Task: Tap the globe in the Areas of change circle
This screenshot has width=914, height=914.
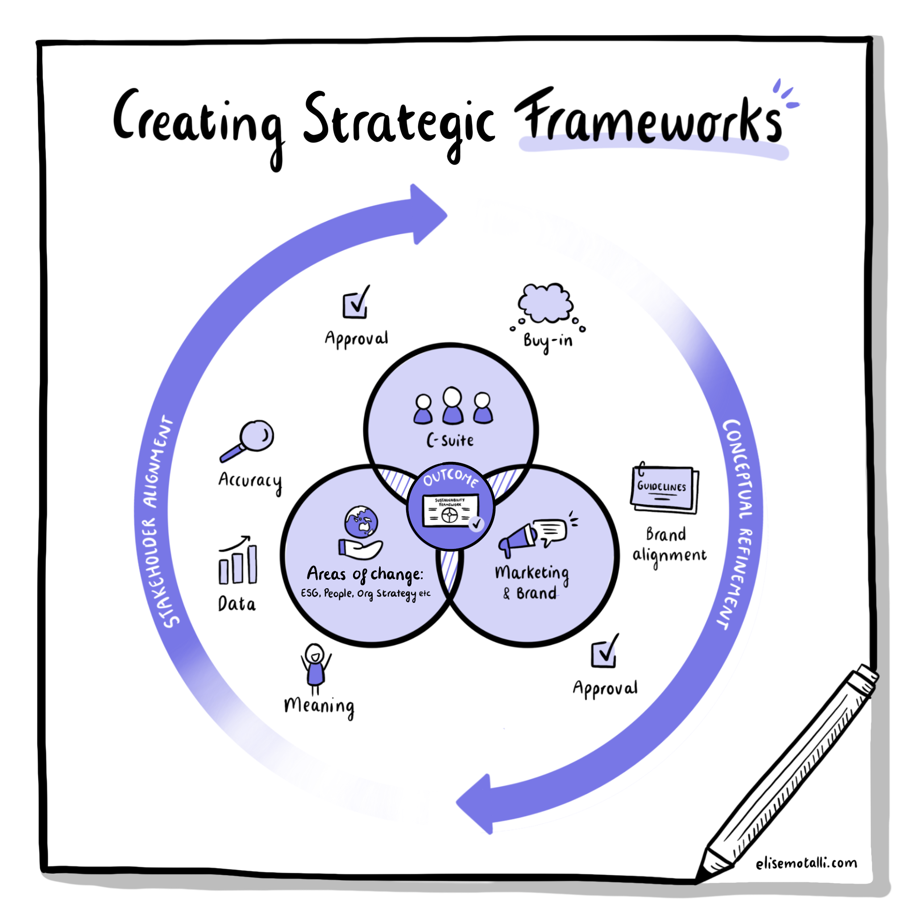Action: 361,522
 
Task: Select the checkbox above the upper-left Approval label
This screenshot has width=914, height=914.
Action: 355,303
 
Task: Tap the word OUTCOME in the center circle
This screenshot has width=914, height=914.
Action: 450,478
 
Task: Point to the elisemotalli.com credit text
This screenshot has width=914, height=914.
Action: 806,863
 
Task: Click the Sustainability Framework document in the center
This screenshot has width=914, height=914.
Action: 450,511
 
